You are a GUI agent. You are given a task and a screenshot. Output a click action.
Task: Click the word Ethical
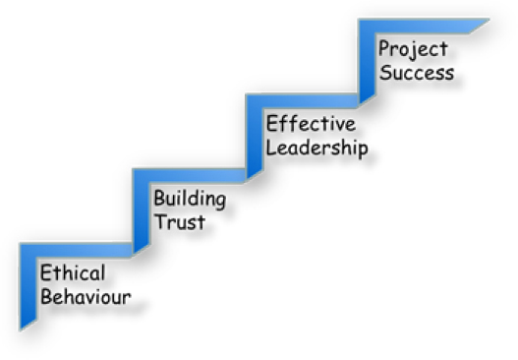pyautogui.click(x=71, y=273)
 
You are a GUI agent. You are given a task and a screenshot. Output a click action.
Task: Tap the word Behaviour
pyautogui.click(x=85, y=296)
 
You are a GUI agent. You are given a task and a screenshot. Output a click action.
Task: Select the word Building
pyautogui.click(x=189, y=200)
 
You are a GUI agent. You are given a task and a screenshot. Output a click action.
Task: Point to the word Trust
pyautogui.click(x=179, y=222)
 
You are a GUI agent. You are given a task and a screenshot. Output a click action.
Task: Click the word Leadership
pyautogui.click(x=317, y=149)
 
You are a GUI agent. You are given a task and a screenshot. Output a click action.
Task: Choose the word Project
pyautogui.click(x=413, y=49)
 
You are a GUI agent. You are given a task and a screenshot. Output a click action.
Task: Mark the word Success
pyautogui.click(x=417, y=72)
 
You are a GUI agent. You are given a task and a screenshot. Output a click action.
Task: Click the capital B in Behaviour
pyautogui.click(x=45, y=296)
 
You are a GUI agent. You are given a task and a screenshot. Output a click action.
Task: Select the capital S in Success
pyautogui.click(x=386, y=72)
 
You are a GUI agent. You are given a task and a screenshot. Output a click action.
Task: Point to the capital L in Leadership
pyautogui.click(x=272, y=149)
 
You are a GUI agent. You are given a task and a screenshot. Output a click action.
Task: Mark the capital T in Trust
pyautogui.click(x=159, y=222)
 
